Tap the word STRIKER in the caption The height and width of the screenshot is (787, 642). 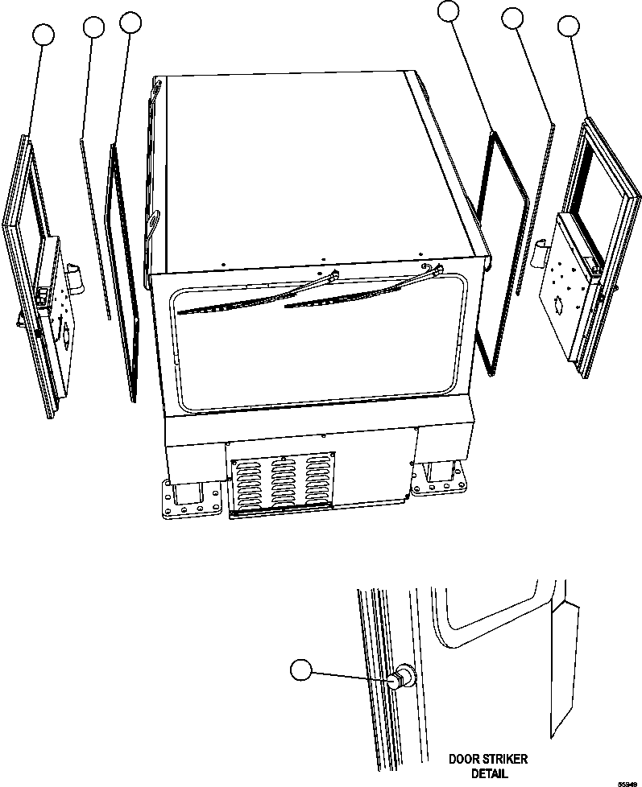click(x=507, y=758)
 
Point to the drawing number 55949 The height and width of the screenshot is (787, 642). click(x=628, y=781)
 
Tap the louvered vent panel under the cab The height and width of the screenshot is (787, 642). click(x=282, y=483)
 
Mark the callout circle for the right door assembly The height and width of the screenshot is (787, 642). click(x=570, y=26)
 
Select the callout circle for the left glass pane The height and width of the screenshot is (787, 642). click(x=93, y=27)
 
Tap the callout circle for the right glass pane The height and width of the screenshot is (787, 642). click(x=513, y=18)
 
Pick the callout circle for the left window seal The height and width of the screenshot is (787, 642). click(x=130, y=22)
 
